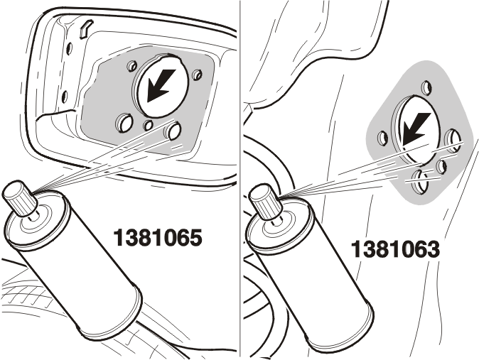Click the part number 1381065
point(158,238)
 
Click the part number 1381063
point(395,249)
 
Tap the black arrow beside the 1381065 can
point(161,85)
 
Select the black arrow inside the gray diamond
point(416,129)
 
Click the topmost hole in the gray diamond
point(427,87)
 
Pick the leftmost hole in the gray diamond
point(383,138)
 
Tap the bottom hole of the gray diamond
point(421,182)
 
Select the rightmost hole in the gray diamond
point(453,140)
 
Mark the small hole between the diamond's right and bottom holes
point(441,166)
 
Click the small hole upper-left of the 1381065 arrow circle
point(132,65)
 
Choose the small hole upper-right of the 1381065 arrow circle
point(197,74)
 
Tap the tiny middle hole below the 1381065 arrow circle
point(149,125)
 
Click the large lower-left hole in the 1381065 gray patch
point(124,123)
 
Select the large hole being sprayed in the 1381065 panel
point(173,129)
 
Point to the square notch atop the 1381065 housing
point(85,28)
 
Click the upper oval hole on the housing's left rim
point(70,48)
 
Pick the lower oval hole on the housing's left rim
point(65,97)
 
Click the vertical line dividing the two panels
point(240,180)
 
